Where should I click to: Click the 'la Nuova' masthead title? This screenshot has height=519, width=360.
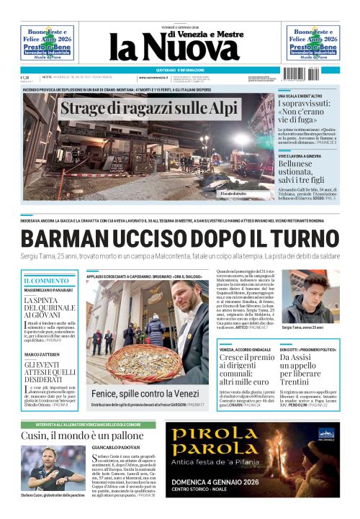click(x=174, y=49)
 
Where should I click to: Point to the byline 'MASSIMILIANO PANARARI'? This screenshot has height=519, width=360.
click(x=49, y=290)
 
